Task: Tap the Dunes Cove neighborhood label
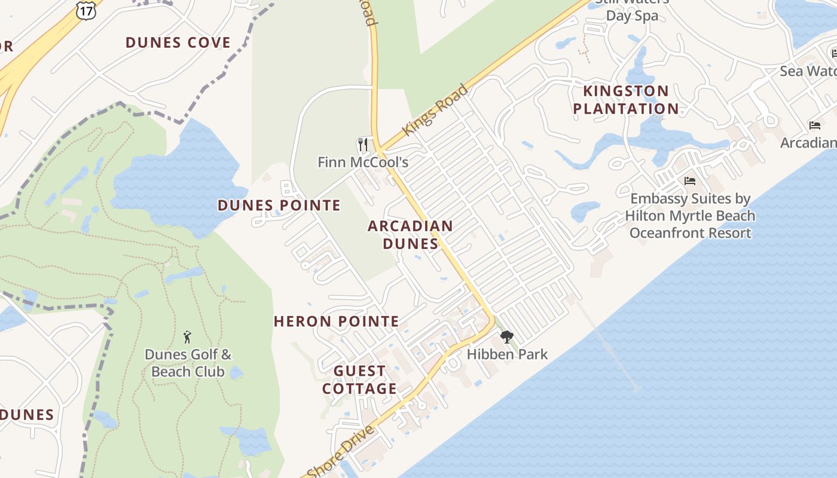coord(178,42)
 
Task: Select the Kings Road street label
coord(435,110)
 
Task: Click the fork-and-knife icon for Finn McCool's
coord(362,145)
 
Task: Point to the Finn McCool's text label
coord(363,162)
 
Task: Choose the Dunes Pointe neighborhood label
coord(279,206)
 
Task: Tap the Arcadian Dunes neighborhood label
coord(410,235)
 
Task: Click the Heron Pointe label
coord(336,321)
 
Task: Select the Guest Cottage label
coord(359,380)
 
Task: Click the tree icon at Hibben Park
coord(507,336)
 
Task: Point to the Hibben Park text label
coord(507,354)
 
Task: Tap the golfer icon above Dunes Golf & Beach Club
coord(187,337)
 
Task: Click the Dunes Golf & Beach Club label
coord(188,363)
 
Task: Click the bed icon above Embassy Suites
coord(690,180)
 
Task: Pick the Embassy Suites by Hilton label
coord(691,216)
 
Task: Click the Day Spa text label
coord(632,16)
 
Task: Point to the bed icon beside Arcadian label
coord(814,125)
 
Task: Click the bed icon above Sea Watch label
coord(835,54)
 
